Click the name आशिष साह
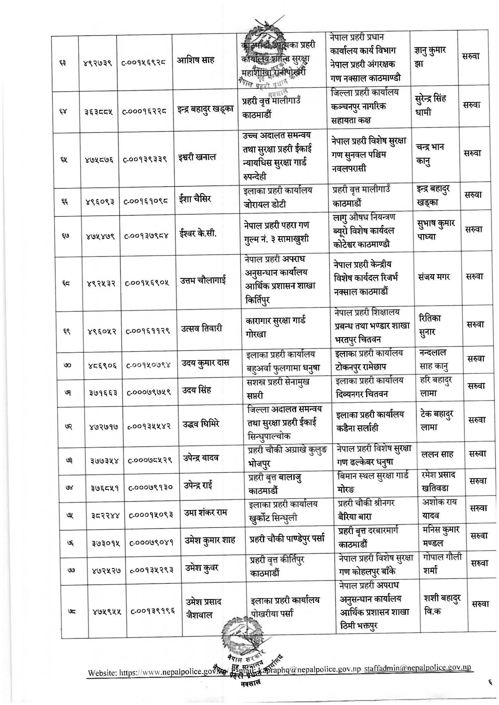coord(195,61)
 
